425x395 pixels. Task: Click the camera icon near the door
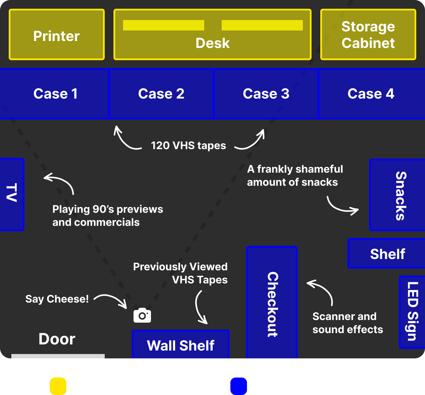pos(142,315)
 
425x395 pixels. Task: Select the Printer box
pos(57,35)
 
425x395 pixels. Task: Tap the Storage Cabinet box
pos(368,35)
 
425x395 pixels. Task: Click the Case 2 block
pos(161,94)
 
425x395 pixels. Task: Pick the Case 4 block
pos(371,94)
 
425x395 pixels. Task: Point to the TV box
pos(12,194)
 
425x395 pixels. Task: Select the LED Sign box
pos(412,312)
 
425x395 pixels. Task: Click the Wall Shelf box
pos(181,345)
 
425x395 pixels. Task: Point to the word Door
pos(57,339)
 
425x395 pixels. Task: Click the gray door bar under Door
pos(58,356)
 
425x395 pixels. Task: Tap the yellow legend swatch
pos(58,386)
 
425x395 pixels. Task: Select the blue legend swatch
pos(239,386)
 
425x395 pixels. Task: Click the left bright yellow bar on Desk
pos(163,25)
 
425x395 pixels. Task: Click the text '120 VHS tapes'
pos(189,145)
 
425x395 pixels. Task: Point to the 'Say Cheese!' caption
pos(57,299)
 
